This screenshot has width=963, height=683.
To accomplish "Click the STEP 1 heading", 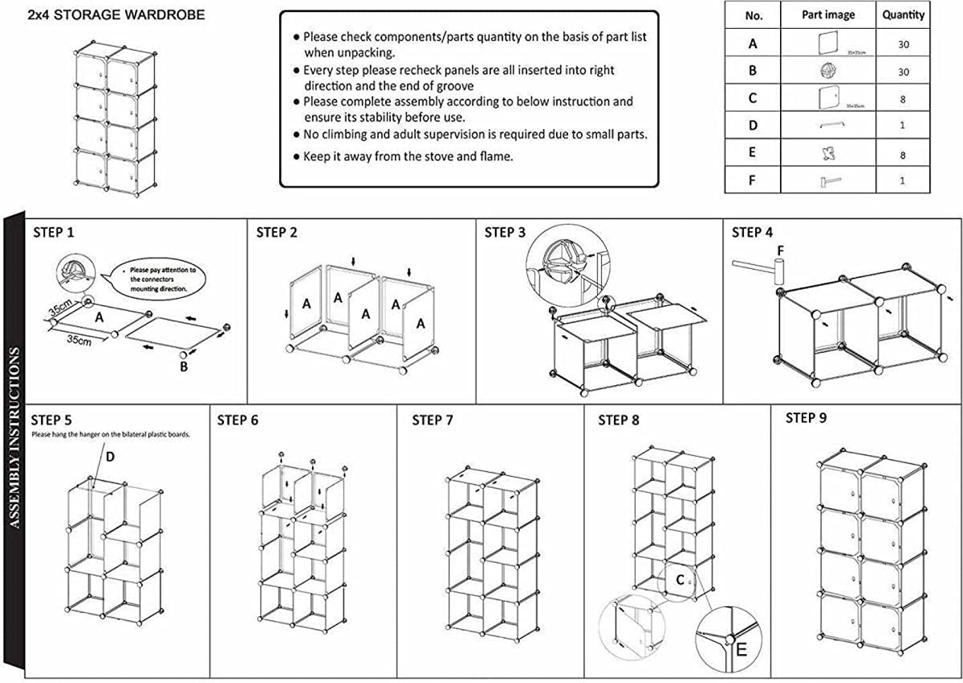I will tap(53, 232).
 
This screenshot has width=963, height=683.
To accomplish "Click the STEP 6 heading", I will tap(238, 420).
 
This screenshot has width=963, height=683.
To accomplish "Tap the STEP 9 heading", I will tap(806, 419).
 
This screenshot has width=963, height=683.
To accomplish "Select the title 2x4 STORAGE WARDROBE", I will tap(116, 15).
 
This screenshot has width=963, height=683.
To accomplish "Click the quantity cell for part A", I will tap(903, 44).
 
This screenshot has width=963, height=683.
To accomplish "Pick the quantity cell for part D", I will tap(903, 125).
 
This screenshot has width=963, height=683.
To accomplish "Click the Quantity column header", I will tap(903, 15).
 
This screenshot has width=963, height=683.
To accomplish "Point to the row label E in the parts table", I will tap(752, 153).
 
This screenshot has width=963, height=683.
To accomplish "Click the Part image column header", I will tap(828, 15).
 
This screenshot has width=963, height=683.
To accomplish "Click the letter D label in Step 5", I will tap(110, 457).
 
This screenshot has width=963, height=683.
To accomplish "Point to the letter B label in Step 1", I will tap(184, 368).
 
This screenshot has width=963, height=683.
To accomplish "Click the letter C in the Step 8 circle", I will tap(680, 581).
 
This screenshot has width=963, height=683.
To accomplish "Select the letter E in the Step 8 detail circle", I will tap(742, 650).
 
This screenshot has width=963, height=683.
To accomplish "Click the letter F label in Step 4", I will tap(781, 250).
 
